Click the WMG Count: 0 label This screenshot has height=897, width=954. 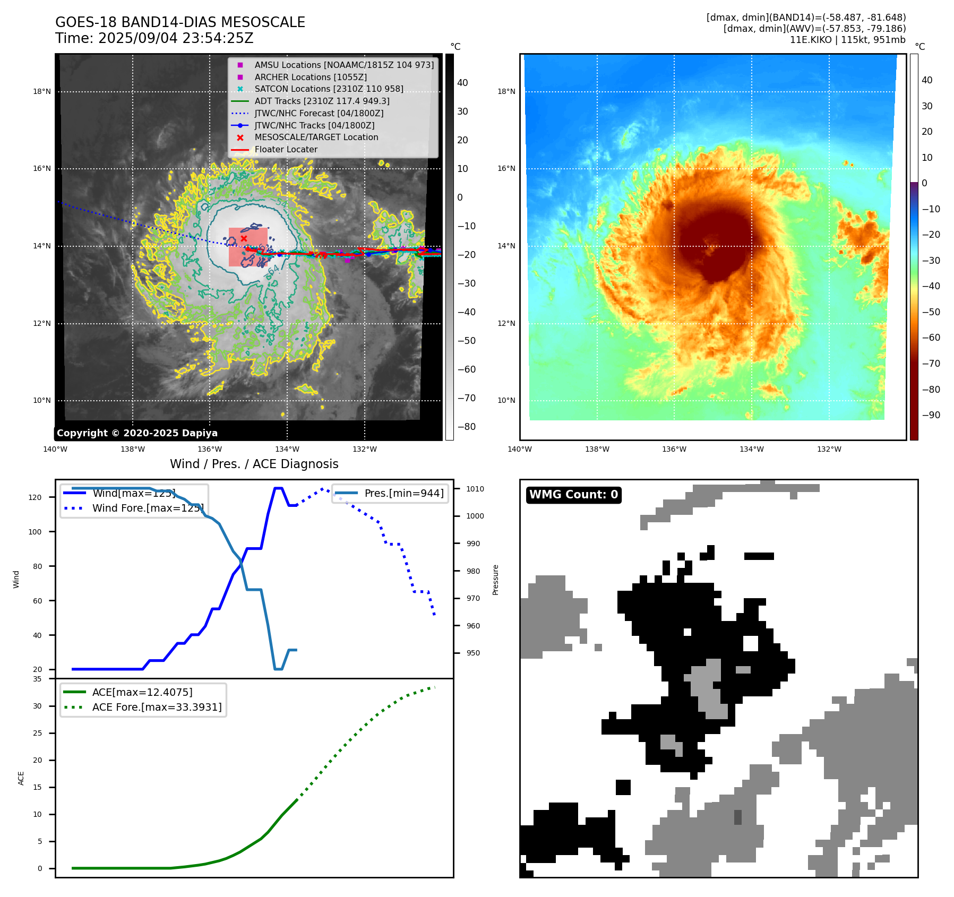pyautogui.click(x=573, y=495)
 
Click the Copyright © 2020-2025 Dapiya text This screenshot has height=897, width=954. pyautogui.click(x=137, y=433)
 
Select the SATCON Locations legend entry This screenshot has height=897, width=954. pyautogui.click(x=329, y=89)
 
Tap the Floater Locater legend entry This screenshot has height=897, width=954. pyautogui.click(x=286, y=150)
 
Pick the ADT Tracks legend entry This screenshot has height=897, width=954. pyautogui.click(x=322, y=101)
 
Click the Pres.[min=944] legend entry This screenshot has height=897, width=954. pyautogui.click(x=403, y=493)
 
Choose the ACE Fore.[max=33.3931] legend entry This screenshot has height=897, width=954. pyautogui.click(x=157, y=707)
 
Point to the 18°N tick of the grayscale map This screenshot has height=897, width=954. pyautogui.click(x=42, y=91)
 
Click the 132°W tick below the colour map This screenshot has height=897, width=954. pyautogui.click(x=829, y=449)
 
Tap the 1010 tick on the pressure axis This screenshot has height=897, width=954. pyautogui.click(x=475, y=489)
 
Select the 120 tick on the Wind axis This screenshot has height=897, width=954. pyautogui.click(x=35, y=497)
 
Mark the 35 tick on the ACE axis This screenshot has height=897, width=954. pyautogui.click(x=37, y=679)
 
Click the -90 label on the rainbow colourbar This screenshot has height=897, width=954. pyautogui.click(x=931, y=415)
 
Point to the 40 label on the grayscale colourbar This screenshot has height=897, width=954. pyautogui.click(x=462, y=83)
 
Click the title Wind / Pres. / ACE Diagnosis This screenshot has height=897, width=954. pyautogui.click(x=254, y=464)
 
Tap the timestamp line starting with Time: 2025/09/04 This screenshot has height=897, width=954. pyautogui.click(x=154, y=38)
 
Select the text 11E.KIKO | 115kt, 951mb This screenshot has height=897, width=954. pyautogui.click(x=847, y=40)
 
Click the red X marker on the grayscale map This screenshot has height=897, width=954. pyautogui.click(x=244, y=239)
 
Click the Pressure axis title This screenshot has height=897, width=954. pyautogui.click(x=495, y=580)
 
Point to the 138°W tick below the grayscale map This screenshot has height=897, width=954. pyautogui.click(x=132, y=449)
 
